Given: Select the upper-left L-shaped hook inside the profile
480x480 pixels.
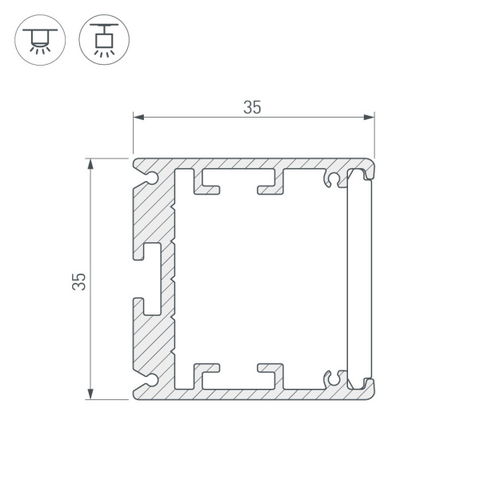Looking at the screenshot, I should [x=206, y=184].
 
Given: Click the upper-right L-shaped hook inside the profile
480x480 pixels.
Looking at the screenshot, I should [x=272, y=184].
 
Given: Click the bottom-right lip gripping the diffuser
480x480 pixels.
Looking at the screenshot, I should [x=368, y=386].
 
